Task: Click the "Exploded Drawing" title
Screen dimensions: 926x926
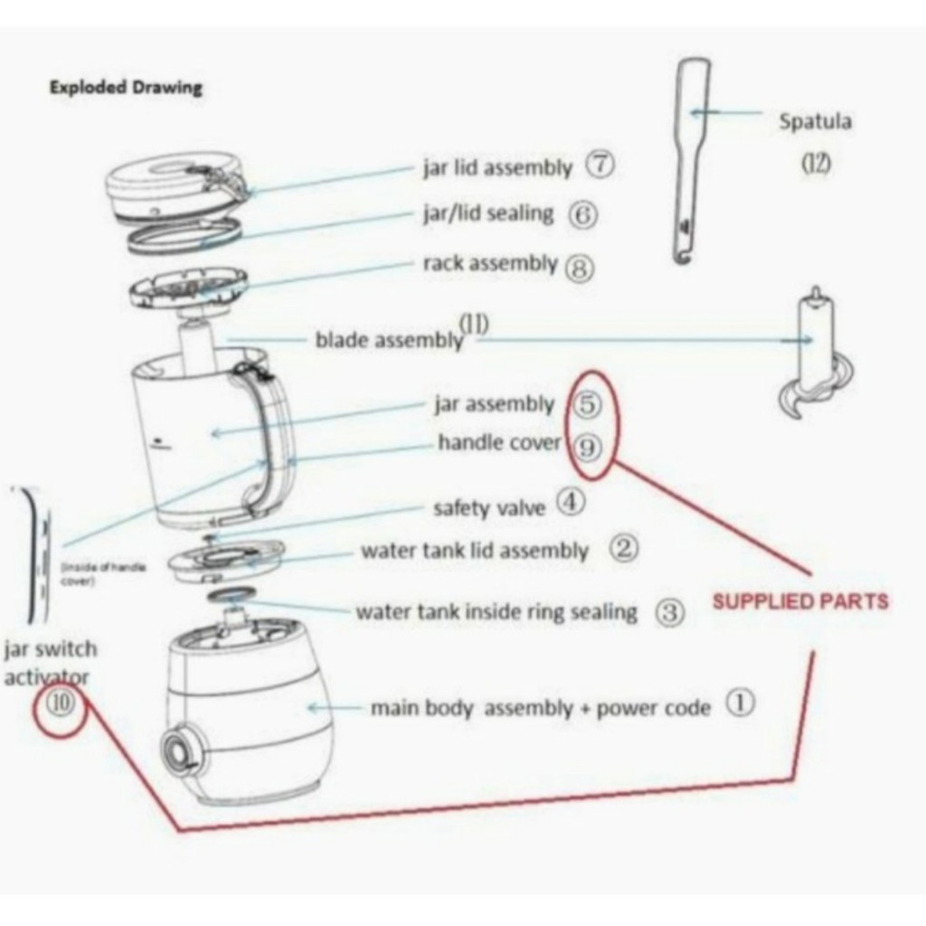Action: pyautogui.click(x=125, y=88)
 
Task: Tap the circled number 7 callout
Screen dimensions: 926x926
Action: pyautogui.click(x=600, y=165)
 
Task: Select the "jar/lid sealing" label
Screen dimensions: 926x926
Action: pyautogui.click(x=487, y=213)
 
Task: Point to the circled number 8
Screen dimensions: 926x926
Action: pyautogui.click(x=579, y=267)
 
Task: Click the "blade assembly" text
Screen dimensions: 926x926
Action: pyautogui.click(x=389, y=340)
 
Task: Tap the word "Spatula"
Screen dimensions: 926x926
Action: pyautogui.click(x=815, y=121)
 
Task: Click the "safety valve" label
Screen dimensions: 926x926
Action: pyautogui.click(x=489, y=507)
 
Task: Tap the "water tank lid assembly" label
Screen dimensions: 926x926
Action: pyautogui.click(x=475, y=551)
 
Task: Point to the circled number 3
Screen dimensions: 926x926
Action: pyautogui.click(x=668, y=612)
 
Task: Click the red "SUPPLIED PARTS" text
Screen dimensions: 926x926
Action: pyautogui.click(x=800, y=601)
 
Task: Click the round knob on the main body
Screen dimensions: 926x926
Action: pyautogui.click(x=176, y=751)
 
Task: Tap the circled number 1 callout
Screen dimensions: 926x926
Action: pyautogui.click(x=741, y=703)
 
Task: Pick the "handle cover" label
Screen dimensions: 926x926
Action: pyautogui.click(x=499, y=443)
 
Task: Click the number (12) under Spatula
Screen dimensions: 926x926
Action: pyautogui.click(x=817, y=163)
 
